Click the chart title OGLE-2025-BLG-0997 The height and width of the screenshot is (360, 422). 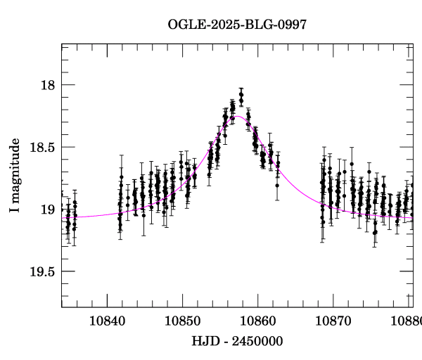tap(237, 25)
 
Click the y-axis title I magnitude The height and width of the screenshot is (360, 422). tap(15, 176)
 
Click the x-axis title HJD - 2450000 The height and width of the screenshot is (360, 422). tap(237, 341)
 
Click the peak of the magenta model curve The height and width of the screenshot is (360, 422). tap(238, 116)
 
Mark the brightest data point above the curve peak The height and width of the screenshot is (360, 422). tap(241, 94)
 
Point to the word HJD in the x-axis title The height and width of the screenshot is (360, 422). tap(204, 341)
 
